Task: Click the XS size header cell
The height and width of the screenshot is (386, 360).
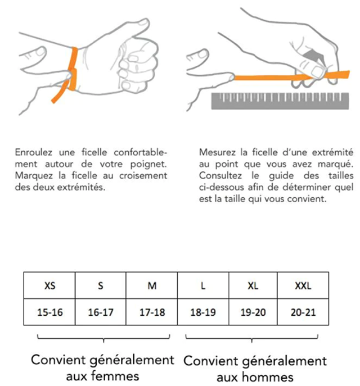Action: pyautogui.click(x=49, y=285)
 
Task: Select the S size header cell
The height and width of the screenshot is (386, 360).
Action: pyautogui.click(x=101, y=285)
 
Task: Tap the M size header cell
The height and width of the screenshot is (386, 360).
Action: pyautogui.click(x=151, y=285)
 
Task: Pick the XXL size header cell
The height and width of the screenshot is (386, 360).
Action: pyautogui.click(x=303, y=285)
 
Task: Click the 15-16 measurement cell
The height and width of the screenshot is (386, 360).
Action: pyautogui.click(x=49, y=312)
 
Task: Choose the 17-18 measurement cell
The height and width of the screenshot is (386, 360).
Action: pyautogui.click(x=151, y=312)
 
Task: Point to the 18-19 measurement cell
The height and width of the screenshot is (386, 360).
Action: pyautogui.click(x=203, y=312)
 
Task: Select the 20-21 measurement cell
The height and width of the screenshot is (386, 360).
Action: pyautogui.click(x=303, y=312)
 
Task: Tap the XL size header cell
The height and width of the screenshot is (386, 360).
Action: pyautogui.click(x=253, y=285)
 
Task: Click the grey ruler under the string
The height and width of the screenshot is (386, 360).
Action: pyautogui.click(x=280, y=101)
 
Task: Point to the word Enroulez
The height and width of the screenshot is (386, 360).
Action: pyautogui.click(x=34, y=152)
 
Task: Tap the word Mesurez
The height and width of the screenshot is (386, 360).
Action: pyautogui.click(x=217, y=152)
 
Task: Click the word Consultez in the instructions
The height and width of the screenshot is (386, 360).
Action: pyautogui.click(x=220, y=175)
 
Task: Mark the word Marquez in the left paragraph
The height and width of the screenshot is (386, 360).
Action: pyautogui.click(x=34, y=175)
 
